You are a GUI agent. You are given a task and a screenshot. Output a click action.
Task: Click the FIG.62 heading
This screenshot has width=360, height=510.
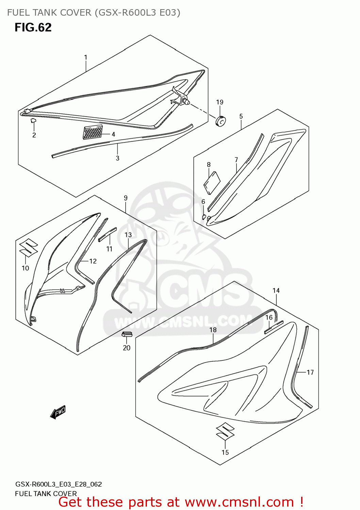coord(33,27)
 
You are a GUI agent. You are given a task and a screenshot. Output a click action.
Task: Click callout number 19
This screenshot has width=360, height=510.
coord(220,102)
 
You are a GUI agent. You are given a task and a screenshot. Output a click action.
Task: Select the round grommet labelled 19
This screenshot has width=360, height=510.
coord(221,121)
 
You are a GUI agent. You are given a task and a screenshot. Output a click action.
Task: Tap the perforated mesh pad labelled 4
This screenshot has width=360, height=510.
coord(92,132)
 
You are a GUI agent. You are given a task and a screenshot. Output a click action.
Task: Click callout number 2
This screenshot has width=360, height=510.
coord(34,135)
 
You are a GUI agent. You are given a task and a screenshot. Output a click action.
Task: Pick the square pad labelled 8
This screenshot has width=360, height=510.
coord(212,183)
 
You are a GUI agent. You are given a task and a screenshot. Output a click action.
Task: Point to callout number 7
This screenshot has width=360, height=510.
coord(236,159)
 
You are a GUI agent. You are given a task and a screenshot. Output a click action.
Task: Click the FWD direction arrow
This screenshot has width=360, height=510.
coord(58,412)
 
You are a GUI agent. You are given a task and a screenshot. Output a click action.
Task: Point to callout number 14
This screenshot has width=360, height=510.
coord(276,290)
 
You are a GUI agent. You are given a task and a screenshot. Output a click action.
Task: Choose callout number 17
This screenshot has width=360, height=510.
coord(310,372)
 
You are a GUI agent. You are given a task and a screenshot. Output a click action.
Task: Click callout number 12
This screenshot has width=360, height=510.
coord(93,261)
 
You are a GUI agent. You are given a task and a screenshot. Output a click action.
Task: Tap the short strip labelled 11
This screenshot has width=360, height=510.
coord(107,234)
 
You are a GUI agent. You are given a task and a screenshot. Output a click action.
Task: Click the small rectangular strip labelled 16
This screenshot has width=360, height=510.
coord(274,327)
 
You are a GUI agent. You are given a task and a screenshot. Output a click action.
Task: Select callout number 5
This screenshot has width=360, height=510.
coord(241,116)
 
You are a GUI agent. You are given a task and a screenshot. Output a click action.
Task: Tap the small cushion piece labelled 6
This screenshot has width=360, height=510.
coord(204,217)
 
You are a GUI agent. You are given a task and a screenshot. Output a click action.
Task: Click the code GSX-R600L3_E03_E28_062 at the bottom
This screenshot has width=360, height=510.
coord(59,484)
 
